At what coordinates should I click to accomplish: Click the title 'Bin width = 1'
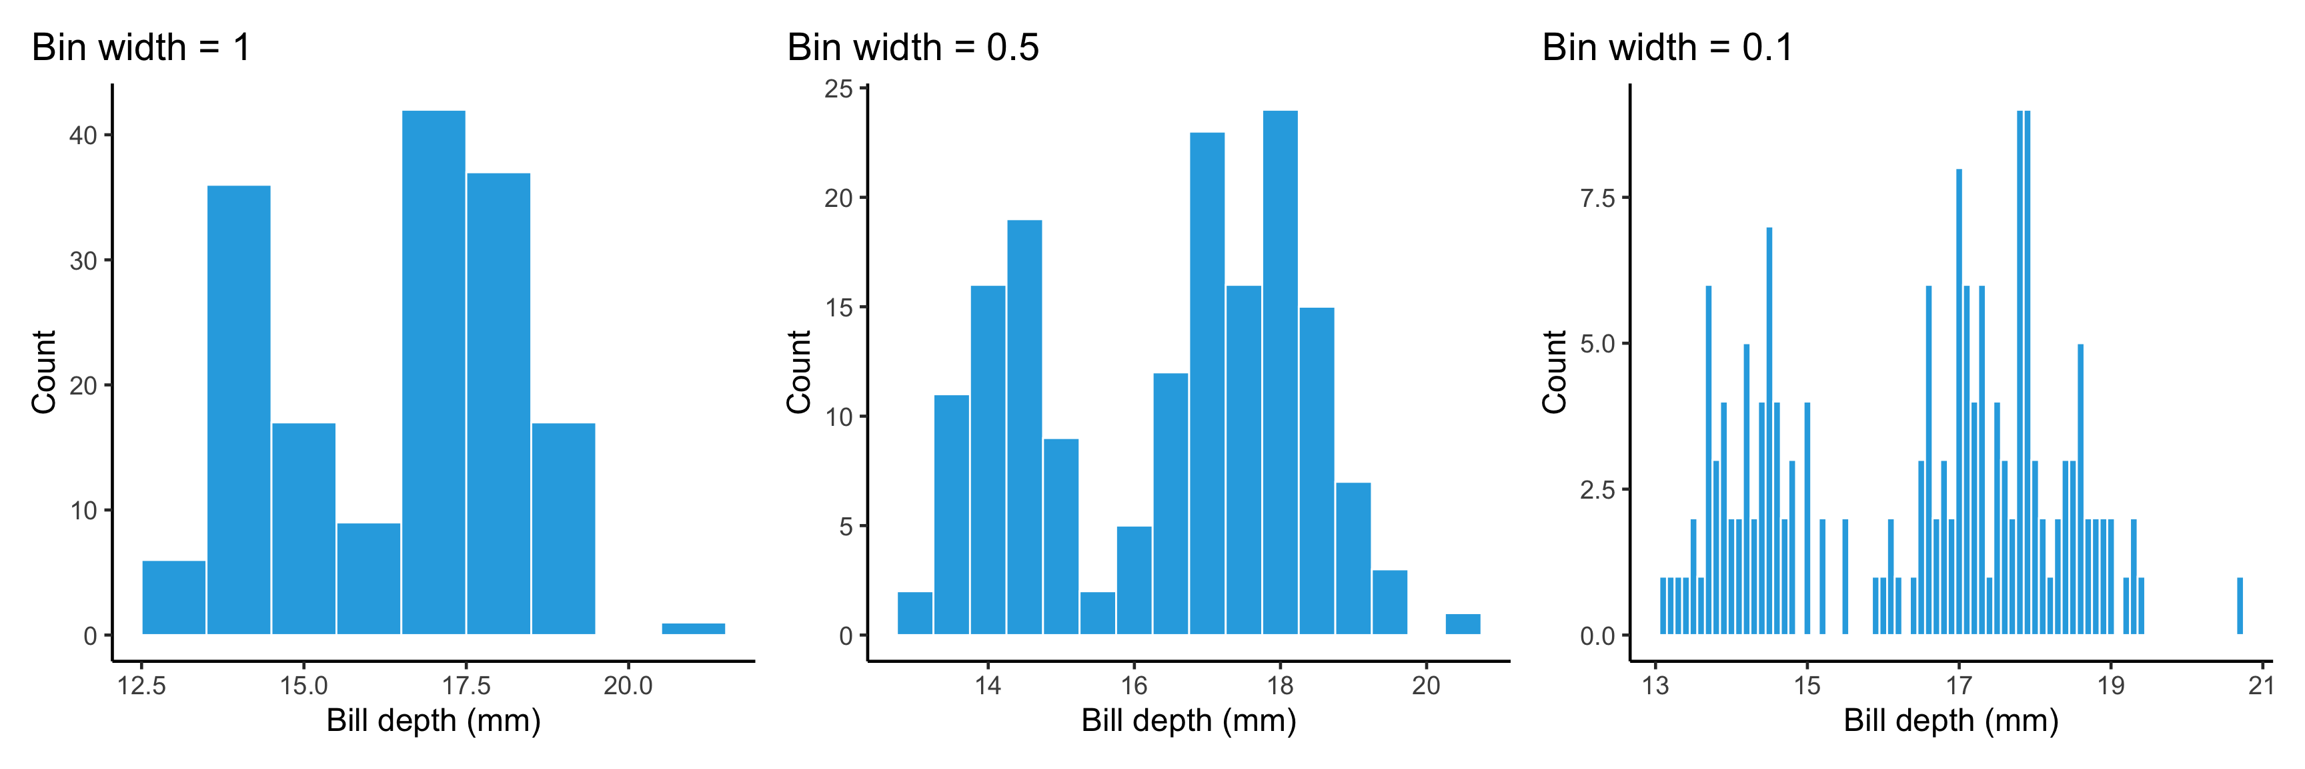point(141,47)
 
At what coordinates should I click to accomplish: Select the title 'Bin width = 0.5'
point(912,47)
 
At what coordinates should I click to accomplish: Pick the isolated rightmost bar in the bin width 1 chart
point(694,628)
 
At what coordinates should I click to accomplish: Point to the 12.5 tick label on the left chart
point(141,687)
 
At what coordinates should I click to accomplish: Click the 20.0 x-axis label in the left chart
point(628,687)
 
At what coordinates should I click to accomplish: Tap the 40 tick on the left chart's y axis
point(83,136)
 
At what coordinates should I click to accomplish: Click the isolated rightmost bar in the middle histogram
point(1463,624)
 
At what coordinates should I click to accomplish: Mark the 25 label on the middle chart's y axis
point(838,89)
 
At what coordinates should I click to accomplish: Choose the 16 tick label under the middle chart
point(1134,687)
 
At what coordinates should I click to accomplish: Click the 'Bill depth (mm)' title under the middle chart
point(1189,721)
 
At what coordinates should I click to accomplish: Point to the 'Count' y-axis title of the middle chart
point(798,372)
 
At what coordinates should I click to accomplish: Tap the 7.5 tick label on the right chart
point(1598,198)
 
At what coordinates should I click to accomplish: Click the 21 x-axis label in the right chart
point(2261,687)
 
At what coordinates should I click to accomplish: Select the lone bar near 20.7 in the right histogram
point(2240,606)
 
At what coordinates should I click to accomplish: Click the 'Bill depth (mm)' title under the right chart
point(1951,721)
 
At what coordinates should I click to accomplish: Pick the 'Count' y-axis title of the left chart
point(44,372)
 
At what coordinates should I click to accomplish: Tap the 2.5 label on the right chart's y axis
point(1598,490)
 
